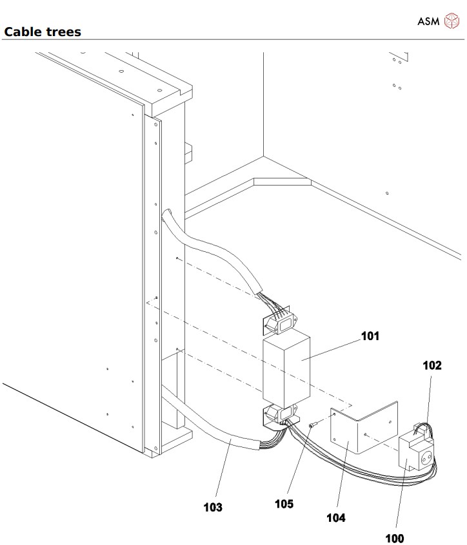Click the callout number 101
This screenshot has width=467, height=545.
[370, 336]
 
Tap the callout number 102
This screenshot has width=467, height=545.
[432, 365]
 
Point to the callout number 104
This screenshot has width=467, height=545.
[335, 517]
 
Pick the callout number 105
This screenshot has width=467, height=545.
[283, 504]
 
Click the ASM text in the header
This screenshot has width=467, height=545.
[428, 21]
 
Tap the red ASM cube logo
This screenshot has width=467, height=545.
[450, 21]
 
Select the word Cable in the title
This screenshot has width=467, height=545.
[23, 32]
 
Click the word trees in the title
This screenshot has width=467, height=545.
[63, 32]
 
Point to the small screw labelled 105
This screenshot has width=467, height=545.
[312, 425]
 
